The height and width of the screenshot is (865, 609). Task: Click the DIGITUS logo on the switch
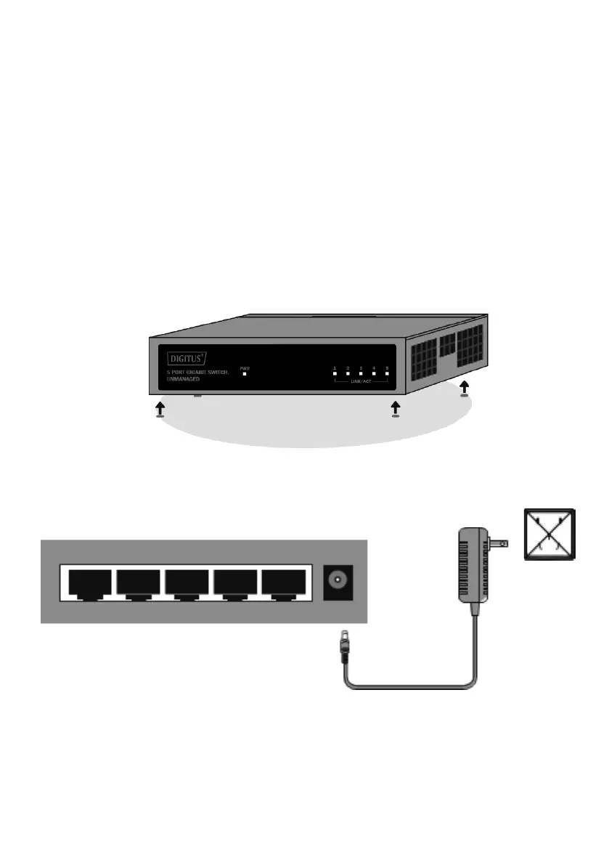click(x=187, y=357)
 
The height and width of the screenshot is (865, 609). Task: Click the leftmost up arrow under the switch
click(x=160, y=410)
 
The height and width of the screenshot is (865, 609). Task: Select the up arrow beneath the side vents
click(x=465, y=388)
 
